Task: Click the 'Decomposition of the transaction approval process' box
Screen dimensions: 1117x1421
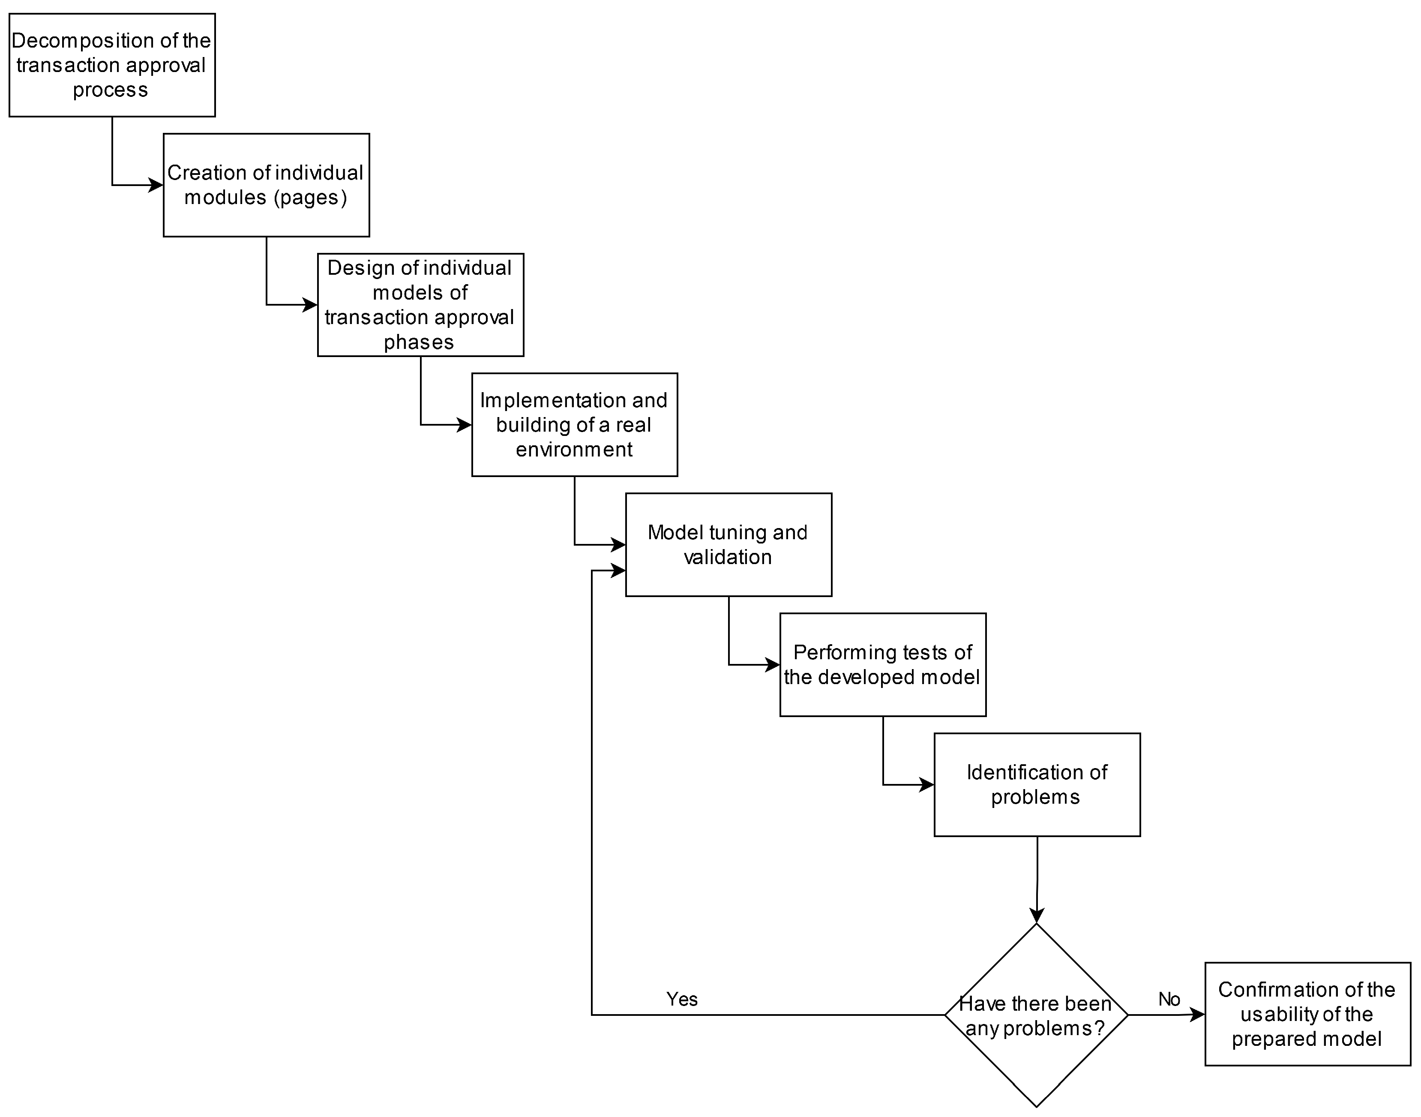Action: (112, 66)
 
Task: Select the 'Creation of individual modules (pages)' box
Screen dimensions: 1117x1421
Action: (266, 185)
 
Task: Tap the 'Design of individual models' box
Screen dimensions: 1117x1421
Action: (420, 305)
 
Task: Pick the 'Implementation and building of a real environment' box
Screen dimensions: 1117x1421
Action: (574, 424)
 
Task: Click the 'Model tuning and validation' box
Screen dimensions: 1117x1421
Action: (728, 545)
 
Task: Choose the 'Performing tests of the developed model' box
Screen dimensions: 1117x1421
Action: (883, 664)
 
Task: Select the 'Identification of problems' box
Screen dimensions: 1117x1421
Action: (1037, 785)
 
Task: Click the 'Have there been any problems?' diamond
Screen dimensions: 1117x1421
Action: (1037, 1015)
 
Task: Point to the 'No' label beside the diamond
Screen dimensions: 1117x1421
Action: (1169, 999)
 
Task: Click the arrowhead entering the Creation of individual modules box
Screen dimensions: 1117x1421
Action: (156, 185)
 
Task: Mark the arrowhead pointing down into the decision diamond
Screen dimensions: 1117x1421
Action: (1037, 915)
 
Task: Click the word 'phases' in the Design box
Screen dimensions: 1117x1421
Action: (419, 342)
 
